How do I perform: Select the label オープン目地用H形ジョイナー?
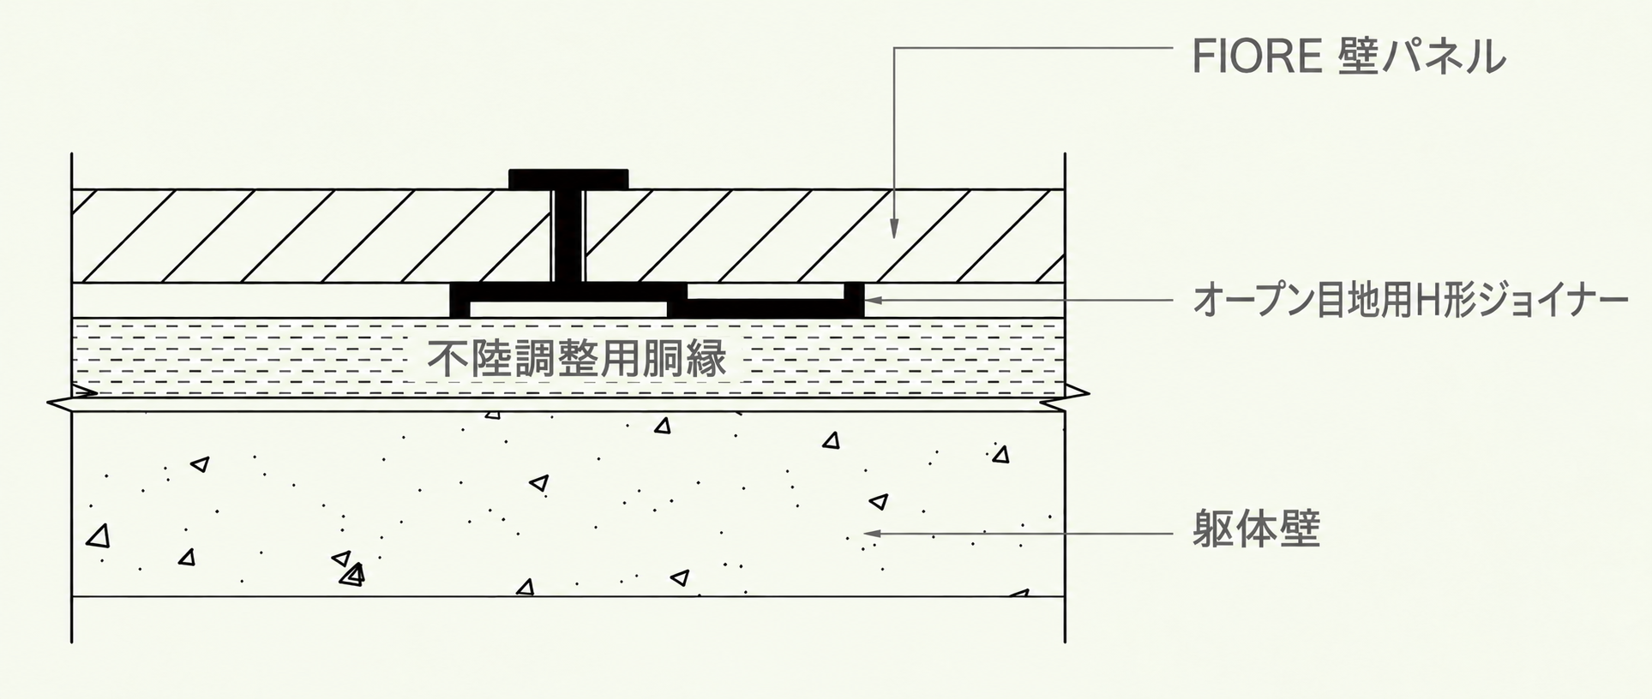(1410, 302)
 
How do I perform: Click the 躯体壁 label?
(1256, 530)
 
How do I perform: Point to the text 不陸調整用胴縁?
(577, 359)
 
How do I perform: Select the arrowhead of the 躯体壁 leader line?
(874, 534)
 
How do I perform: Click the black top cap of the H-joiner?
(568, 179)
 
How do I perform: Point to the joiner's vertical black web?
(568, 236)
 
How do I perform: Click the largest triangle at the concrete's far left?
(99, 537)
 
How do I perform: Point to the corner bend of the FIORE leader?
(894, 48)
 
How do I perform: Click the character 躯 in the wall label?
(1213, 530)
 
